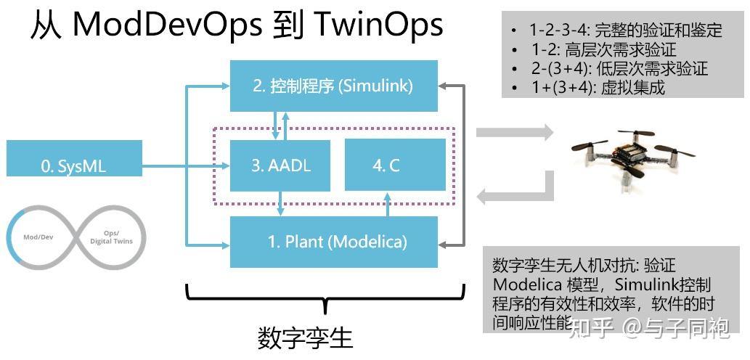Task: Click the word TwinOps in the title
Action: [380, 25]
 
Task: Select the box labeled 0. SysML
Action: [73, 165]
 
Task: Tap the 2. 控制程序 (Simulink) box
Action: [333, 86]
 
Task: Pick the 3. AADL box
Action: [280, 165]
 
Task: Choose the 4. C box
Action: [386, 165]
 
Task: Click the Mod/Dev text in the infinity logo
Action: [38, 237]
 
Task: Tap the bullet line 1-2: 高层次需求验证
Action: [603, 50]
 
